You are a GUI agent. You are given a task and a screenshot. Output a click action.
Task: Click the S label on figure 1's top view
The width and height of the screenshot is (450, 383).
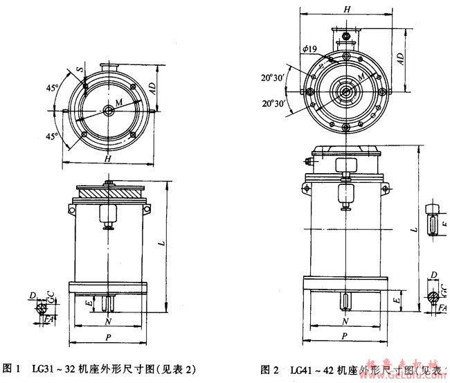pyautogui.click(x=81, y=71)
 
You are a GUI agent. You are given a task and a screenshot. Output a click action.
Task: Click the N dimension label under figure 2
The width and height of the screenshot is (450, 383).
pyautogui.click(x=345, y=323)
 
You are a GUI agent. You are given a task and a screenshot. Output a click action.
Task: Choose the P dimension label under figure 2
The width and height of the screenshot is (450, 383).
pyautogui.click(x=345, y=337)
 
